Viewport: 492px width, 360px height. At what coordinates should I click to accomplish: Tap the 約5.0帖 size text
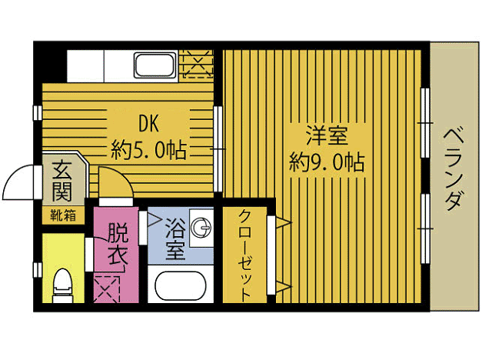click(148, 149)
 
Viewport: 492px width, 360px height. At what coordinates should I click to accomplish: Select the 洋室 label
click(326, 137)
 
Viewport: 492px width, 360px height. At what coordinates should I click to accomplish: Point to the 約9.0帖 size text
click(327, 162)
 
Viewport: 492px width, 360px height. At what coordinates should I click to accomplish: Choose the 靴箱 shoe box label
click(63, 215)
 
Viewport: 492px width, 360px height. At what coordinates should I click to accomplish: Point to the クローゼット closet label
click(245, 254)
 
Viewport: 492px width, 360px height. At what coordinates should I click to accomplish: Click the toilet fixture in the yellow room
click(61, 285)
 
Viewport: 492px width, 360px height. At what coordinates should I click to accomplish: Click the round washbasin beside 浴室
click(202, 226)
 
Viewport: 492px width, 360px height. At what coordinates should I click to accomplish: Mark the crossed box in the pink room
click(107, 289)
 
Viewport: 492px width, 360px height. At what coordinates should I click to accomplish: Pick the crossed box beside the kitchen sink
click(198, 64)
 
